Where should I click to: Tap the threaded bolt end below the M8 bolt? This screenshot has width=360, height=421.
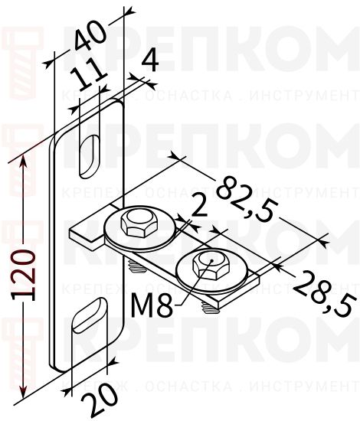point(208,307)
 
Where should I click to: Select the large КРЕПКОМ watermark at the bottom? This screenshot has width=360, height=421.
point(222,348)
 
